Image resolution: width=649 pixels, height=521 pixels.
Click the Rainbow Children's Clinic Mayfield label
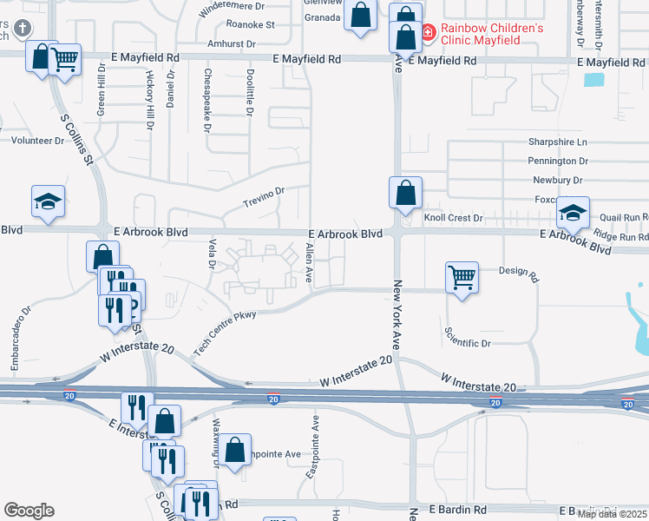(x=492, y=34)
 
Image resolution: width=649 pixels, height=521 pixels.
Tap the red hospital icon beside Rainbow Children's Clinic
(x=428, y=33)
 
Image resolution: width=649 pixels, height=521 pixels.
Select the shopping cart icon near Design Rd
(x=462, y=279)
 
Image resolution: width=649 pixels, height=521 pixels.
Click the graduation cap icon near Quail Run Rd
(x=573, y=213)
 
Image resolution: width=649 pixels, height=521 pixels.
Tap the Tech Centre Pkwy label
(x=225, y=331)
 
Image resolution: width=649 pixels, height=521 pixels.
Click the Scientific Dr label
(x=468, y=343)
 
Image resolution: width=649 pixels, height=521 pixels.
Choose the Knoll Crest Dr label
(x=453, y=218)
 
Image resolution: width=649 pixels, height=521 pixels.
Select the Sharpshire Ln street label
(x=557, y=142)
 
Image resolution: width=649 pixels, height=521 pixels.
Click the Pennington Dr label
(x=557, y=161)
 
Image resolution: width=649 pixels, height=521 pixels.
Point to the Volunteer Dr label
(x=32, y=139)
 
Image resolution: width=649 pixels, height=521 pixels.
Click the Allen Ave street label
(x=308, y=263)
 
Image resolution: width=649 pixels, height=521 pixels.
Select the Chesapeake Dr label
(x=208, y=100)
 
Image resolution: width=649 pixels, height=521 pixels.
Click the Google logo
(x=29, y=511)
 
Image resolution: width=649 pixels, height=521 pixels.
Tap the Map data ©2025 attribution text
(x=612, y=514)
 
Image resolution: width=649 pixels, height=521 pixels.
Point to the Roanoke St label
(x=250, y=25)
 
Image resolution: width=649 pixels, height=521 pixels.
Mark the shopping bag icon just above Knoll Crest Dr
(x=404, y=193)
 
